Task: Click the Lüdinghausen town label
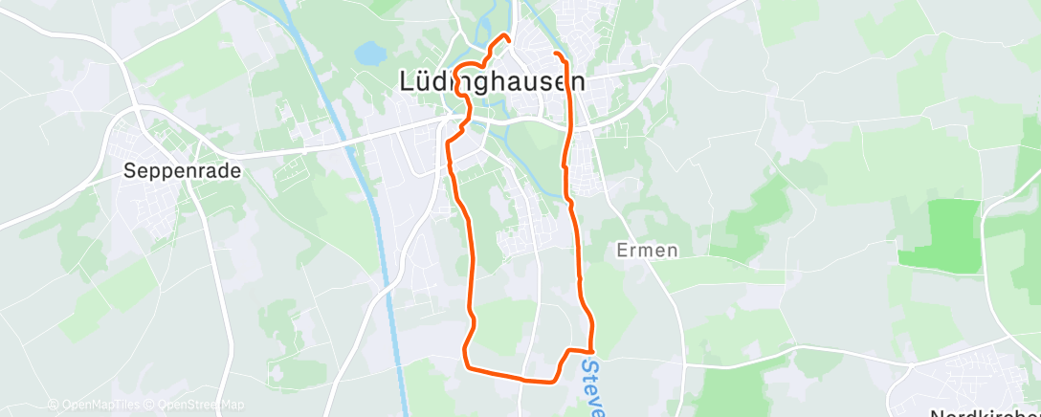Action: tap(491, 82)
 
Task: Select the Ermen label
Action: tap(647, 251)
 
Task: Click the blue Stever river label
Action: tap(593, 387)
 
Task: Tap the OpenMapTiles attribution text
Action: tap(96, 405)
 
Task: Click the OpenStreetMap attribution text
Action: tap(196, 405)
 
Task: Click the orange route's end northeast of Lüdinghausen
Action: tap(556, 51)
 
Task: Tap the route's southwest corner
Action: tap(466, 365)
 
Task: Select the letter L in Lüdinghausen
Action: tap(405, 82)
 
